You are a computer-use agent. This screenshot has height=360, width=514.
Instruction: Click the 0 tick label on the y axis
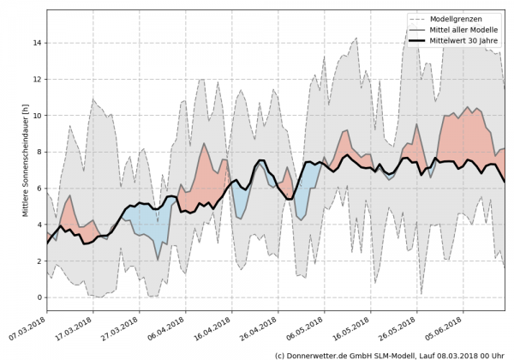click(39, 297)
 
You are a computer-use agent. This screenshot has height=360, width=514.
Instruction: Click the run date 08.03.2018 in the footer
click(475, 354)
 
